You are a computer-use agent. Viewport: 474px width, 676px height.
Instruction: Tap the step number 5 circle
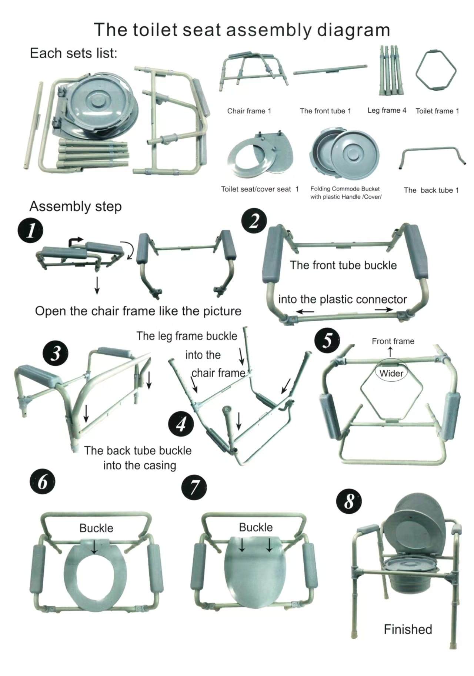(327, 341)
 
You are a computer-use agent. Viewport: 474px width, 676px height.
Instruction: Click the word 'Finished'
(408, 629)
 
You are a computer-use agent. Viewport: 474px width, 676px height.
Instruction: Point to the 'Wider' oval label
(391, 373)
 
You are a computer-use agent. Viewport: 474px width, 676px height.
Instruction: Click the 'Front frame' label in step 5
(393, 341)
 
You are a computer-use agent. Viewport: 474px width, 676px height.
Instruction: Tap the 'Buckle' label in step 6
(96, 528)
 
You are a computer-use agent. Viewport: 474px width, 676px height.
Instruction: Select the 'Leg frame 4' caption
(387, 110)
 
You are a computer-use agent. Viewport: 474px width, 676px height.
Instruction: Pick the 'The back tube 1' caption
(431, 190)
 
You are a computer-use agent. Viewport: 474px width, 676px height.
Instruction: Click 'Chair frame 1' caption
(249, 111)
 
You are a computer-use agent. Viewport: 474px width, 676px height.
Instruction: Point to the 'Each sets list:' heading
(73, 53)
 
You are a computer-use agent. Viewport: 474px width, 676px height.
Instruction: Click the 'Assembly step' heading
(76, 206)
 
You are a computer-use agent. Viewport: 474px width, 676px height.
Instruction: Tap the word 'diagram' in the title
(353, 30)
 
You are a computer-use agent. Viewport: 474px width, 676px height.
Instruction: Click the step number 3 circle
(55, 353)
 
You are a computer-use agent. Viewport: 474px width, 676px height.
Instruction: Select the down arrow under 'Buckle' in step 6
(94, 547)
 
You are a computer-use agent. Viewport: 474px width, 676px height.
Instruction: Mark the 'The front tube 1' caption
(325, 111)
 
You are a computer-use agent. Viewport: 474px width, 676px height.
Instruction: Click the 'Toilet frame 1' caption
(437, 111)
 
